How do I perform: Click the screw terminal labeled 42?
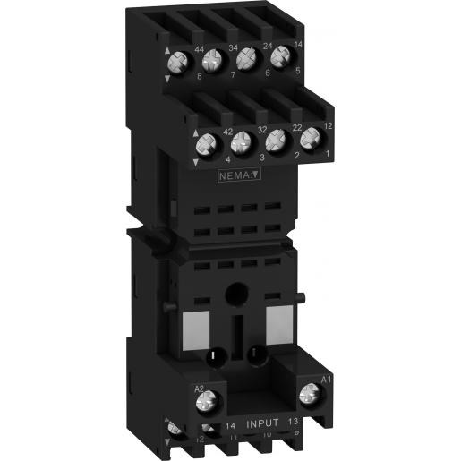[207, 141]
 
